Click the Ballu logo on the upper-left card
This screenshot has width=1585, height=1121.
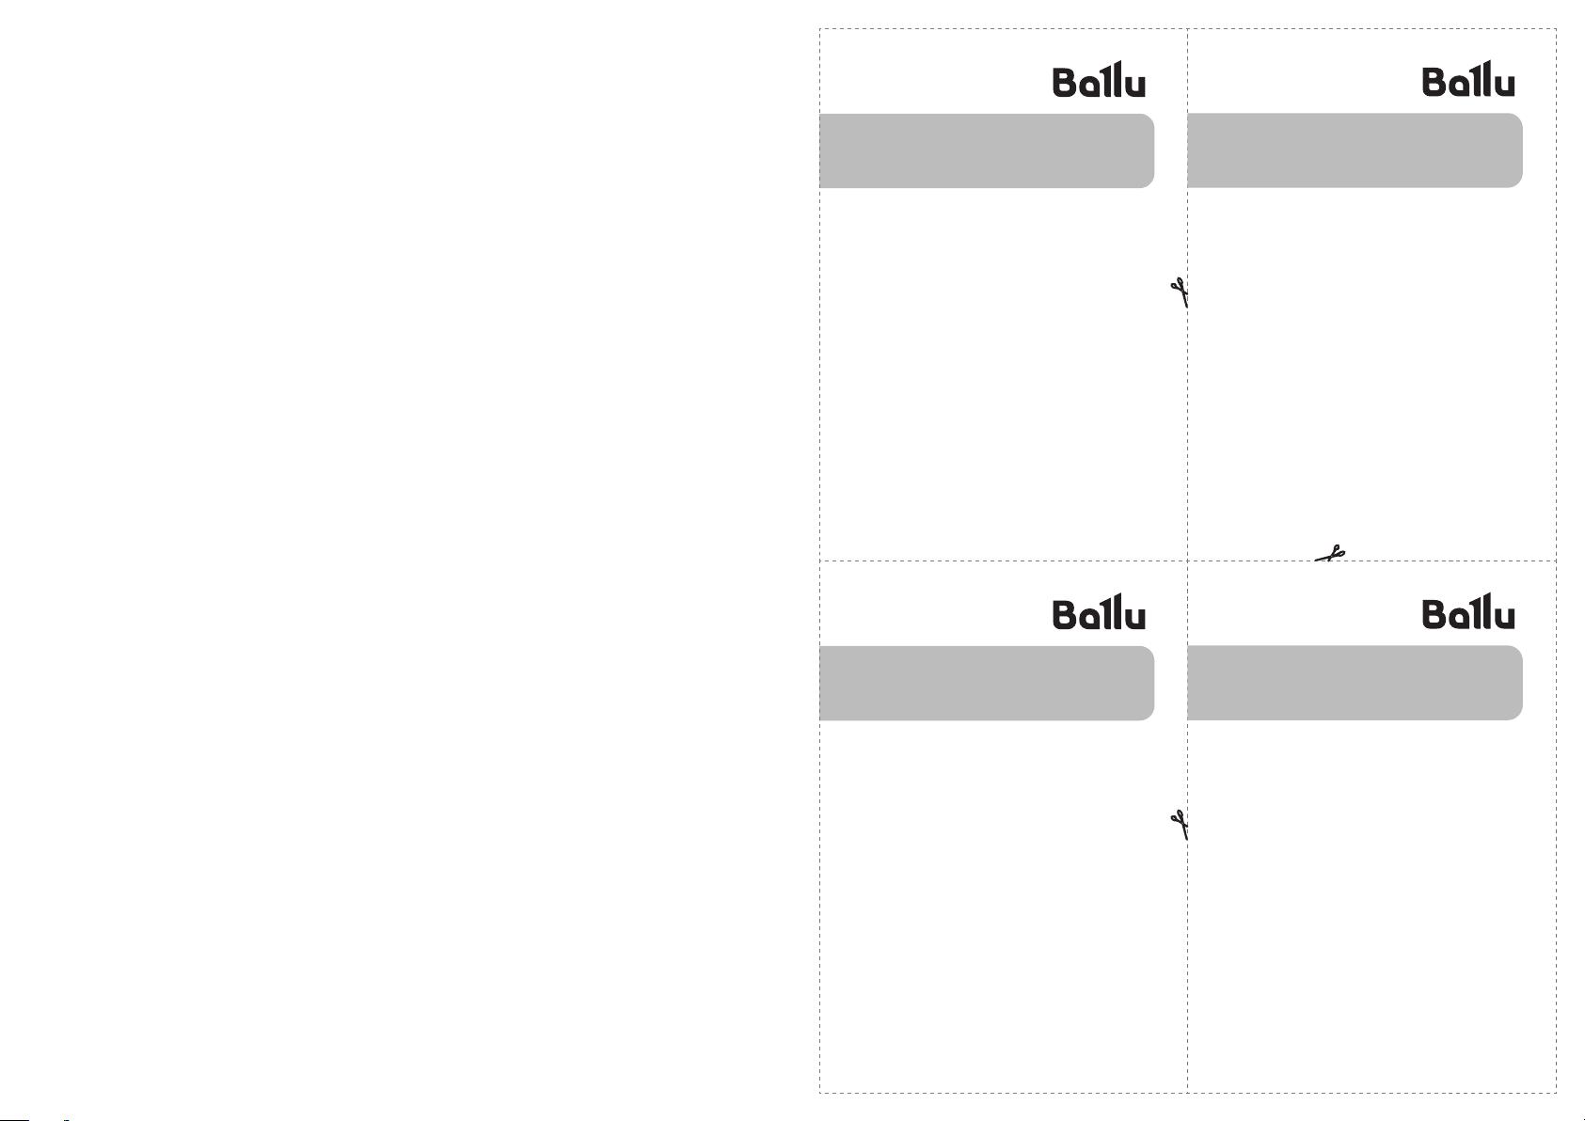[x=1099, y=79]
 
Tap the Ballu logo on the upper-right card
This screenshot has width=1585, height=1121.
[x=1468, y=79]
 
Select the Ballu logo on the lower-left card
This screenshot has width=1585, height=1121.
[x=1099, y=612]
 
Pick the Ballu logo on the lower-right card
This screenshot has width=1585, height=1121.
[x=1468, y=612]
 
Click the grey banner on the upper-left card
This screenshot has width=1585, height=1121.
[x=987, y=150]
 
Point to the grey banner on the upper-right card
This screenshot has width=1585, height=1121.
[x=1355, y=150]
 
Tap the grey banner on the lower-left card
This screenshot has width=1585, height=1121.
[x=987, y=683]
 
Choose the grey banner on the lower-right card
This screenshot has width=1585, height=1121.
[x=1355, y=683]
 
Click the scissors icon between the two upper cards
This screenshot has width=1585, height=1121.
[x=1180, y=292]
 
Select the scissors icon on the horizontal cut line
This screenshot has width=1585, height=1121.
[x=1330, y=553]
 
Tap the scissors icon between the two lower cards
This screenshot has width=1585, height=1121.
[x=1180, y=825]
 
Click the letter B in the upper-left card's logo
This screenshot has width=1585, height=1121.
[x=1065, y=83]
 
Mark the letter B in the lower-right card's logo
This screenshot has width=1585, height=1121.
[x=1435, y=615]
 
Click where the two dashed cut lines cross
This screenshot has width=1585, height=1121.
[x=1187, y=560]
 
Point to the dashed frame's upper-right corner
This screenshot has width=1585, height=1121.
[x=1556, y=29]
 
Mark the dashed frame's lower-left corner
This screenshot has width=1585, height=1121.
[x=820, y=1093]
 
